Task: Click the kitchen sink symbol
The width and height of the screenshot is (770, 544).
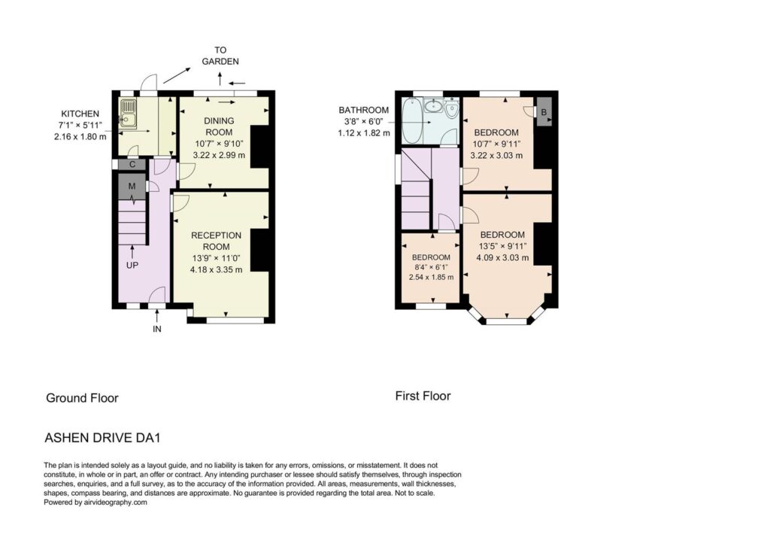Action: click(128, 113)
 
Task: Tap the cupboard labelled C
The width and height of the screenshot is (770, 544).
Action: click(132, 165)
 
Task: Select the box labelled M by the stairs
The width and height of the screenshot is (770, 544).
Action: click(132, 187)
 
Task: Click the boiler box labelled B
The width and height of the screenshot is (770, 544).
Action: click(544, 112)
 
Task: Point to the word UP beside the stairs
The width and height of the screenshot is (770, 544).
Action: click(132, 266)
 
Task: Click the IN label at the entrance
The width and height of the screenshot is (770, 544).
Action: click(156, 330)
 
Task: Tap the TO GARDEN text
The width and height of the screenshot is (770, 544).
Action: click(220, 56)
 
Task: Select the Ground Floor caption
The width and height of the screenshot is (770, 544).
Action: click(82, 398)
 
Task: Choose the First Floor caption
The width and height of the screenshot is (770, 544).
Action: click(423, 396)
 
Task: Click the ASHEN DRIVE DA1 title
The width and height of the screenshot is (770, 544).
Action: click(102, 437)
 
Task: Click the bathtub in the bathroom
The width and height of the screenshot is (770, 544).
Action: click(411, 120)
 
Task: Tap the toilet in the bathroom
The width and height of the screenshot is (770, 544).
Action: click(452, 108)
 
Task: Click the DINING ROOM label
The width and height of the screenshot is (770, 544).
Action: click(219, 126)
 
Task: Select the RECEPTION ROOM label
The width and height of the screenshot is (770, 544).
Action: click(216, 242)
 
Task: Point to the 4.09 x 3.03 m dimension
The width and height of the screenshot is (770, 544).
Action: click(502, 257)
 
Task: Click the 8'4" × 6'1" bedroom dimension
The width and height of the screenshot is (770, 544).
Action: click(431, 267)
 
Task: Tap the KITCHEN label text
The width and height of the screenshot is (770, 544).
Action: click(80, 114)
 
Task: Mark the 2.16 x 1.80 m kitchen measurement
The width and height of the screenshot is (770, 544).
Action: click(80, 137)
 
